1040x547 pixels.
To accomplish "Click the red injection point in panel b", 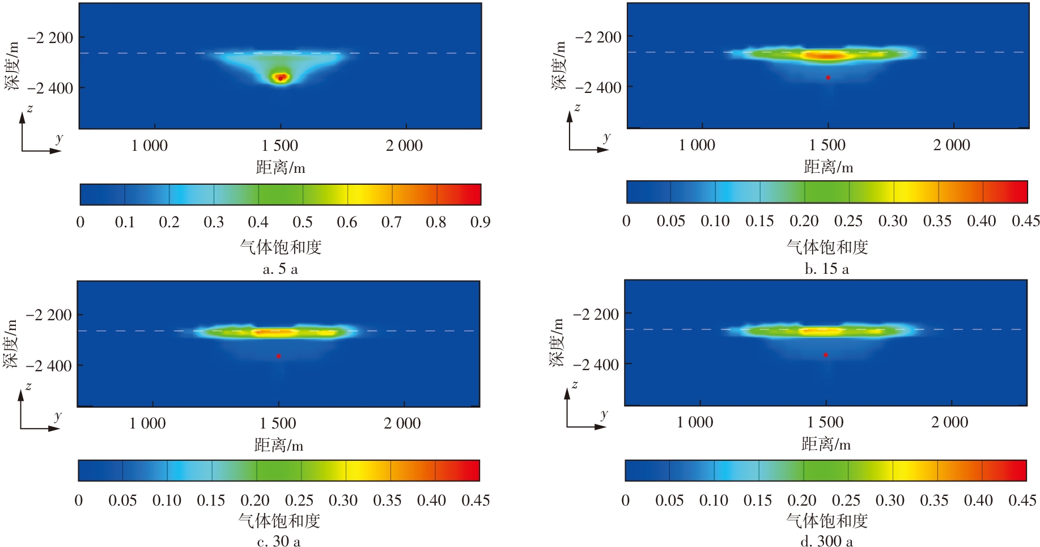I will coord(828,78).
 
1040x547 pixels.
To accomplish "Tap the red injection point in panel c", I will coord(278,356).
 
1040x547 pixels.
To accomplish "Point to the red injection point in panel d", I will coord(826,355).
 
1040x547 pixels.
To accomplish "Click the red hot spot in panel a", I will coord(281,77).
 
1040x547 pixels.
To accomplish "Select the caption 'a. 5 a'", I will coord(281,269).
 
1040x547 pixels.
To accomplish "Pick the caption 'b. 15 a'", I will coord(827,269).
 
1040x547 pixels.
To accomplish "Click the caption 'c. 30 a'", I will coord(279,541).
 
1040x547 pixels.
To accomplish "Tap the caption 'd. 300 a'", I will coord(826,541).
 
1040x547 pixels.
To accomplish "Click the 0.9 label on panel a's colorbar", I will coord(480,222).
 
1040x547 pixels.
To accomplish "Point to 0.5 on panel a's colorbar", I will coord(303,222).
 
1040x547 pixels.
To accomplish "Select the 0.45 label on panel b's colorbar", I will coord(1026,221).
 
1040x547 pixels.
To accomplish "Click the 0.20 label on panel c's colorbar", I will coord(255,501).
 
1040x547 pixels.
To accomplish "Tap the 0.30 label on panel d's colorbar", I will coord(890,501).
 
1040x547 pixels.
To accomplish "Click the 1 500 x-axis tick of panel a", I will coord(280,146).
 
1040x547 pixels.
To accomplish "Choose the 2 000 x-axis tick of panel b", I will coord(952,145).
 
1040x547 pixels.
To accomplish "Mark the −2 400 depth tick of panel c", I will coord(49,366).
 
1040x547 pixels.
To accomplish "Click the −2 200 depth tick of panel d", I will coord(596,314).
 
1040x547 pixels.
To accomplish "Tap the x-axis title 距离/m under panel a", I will coord(281,168).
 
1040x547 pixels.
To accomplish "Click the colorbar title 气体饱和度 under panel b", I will coord(827,247).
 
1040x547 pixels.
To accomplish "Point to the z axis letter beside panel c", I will coord(28,387).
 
